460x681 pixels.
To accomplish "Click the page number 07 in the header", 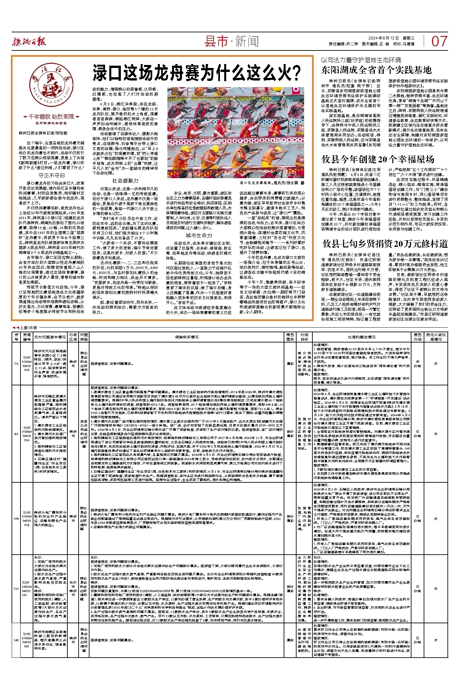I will click(439, 42).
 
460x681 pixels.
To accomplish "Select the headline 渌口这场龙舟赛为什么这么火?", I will click(197, 73).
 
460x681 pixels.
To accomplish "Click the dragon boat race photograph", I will click(235, 132).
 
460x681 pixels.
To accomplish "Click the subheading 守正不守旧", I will click(52, 175).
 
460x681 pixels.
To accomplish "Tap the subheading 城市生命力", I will click(198, 235).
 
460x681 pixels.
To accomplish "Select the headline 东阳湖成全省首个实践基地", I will click(376, 70).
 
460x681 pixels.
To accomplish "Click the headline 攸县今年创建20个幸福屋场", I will click(378, 159).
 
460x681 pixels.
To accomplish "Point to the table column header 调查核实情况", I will click(187, 337).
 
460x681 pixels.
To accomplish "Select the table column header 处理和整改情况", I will click(361, 337).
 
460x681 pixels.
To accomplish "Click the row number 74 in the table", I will click(16, 363).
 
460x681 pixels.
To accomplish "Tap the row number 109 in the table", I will click(16, 519).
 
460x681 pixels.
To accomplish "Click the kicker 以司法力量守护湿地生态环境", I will click(361, 60).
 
